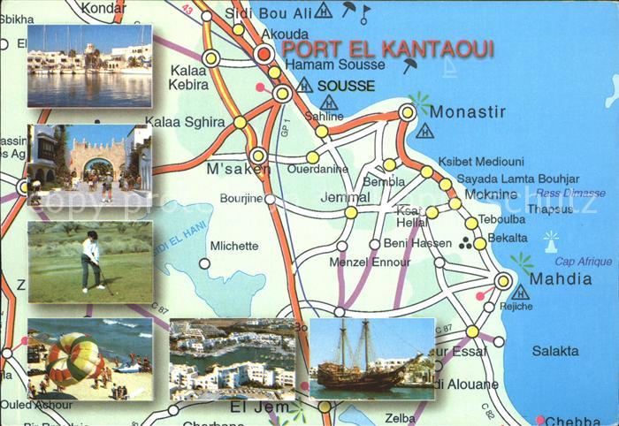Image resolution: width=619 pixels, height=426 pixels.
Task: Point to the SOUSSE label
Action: coord(346,86)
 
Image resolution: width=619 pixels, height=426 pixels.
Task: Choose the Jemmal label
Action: coord(346,197)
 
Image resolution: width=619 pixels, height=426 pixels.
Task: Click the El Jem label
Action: coord(260,407)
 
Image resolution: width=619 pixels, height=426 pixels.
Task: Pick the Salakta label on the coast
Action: coord(555,351)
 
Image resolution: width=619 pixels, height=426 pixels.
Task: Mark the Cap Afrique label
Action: coord(583,262)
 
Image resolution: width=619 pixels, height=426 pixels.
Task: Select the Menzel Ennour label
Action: coord(370,262)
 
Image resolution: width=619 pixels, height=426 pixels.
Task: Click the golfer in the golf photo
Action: coord(91,260)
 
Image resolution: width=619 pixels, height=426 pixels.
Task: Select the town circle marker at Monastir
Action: coord(407,112)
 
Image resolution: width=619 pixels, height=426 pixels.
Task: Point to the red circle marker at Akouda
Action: coord(264,55)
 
